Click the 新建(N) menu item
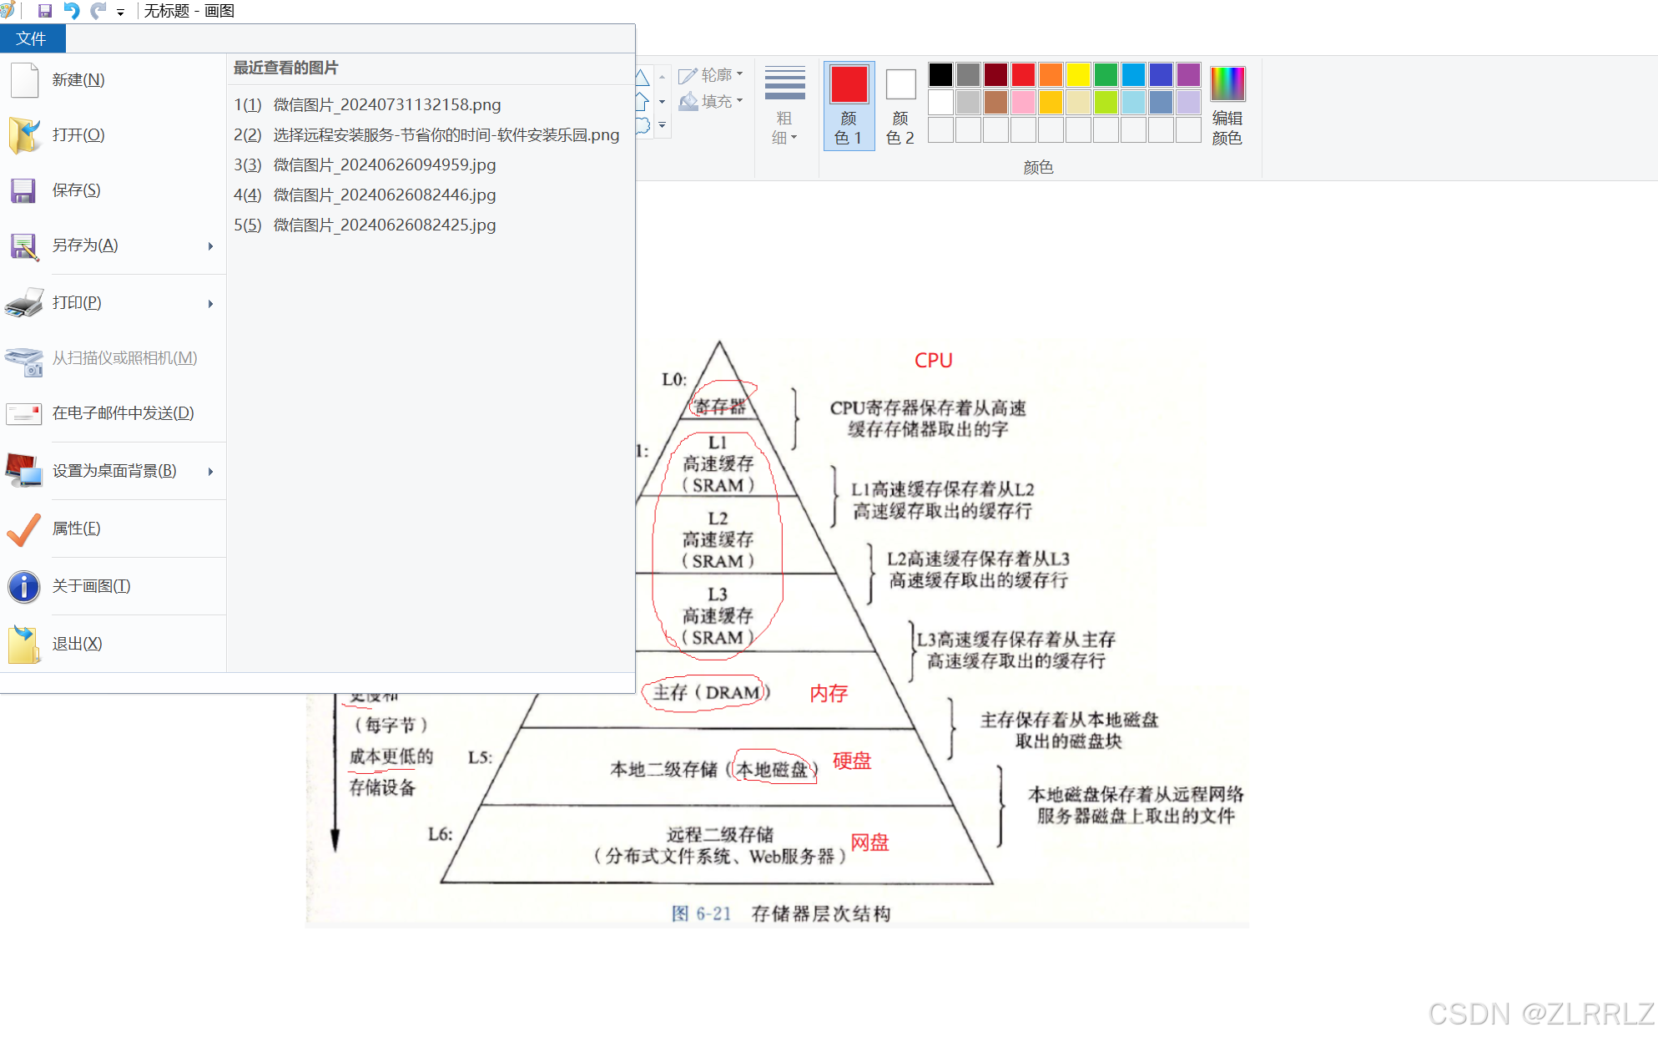point(78,80)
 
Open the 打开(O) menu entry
point(78,135)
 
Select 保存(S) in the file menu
point(76,190)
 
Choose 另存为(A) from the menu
point(85,245)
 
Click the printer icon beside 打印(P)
point(24,303)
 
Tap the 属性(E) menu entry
point(76,529)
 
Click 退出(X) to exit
point(77,644)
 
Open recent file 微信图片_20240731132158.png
point(387,105)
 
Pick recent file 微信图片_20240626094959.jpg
point(385,165)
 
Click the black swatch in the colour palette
point(940,75)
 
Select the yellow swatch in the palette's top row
point(1078,75)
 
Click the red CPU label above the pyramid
point(933,361)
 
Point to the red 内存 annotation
point(829,693)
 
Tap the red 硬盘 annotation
point(851,761)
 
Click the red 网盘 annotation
point(869,842)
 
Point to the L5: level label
point(480,757)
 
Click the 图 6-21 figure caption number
point(701,913)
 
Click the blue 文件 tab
point(32,38)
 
